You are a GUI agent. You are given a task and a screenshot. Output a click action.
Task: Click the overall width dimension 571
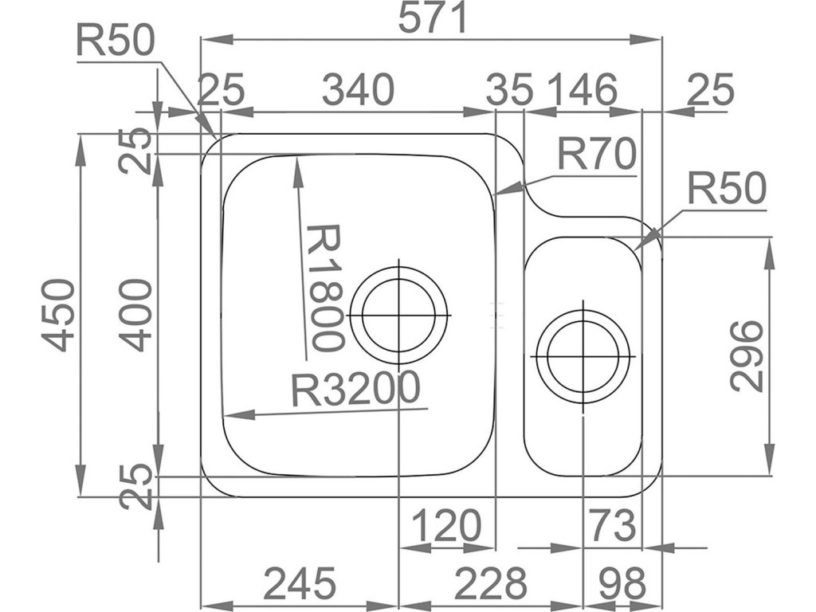click(x=433, y=18)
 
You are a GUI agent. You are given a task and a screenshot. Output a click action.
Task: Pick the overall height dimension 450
click(x=59, y=314)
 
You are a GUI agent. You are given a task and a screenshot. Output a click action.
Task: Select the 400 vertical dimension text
click(x=137, y=314)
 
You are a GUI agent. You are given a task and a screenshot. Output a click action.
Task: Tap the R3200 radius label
click(x=355, y=390)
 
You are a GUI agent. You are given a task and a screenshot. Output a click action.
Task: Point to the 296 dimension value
click(x=747, y=355)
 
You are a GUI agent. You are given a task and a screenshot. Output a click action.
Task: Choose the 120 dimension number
click(x=446, y=526)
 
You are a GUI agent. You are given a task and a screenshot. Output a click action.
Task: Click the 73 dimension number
click(x=612, y=526)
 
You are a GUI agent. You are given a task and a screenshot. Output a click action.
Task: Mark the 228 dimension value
click(x=491, y=585)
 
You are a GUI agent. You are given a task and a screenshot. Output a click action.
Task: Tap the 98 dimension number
click(x=622, y=585)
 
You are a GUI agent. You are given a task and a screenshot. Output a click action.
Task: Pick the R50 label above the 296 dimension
click(x=726, y=190)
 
